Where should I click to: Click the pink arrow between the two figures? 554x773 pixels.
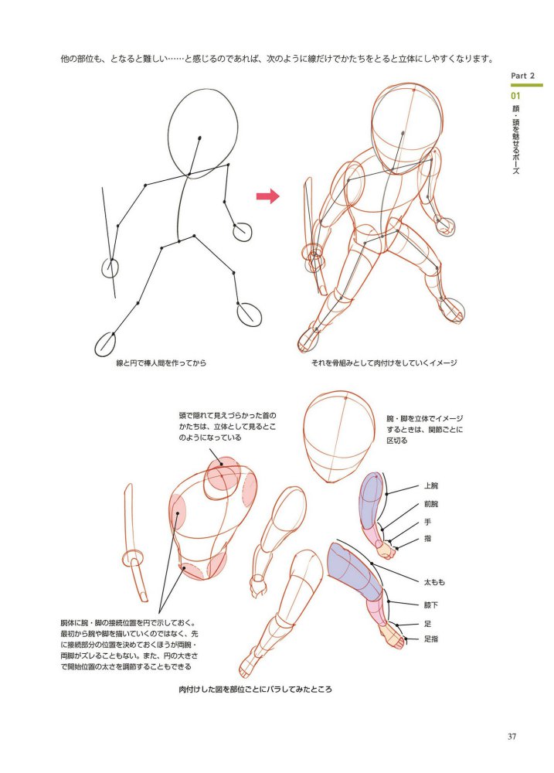coord(267,196)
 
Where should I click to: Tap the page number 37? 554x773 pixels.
coord(512,737)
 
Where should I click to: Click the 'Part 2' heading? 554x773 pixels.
coord(522,76)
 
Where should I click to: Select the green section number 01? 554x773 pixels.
coord(515,96)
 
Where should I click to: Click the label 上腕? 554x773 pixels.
coord(431,485)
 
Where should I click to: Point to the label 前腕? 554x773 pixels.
coord(431,504)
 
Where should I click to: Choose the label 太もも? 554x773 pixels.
coord(434,582)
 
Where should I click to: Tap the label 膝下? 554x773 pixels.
coord(431,605)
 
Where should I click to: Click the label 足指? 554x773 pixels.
coord(431,639)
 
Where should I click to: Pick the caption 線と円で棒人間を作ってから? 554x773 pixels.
coord(161,363)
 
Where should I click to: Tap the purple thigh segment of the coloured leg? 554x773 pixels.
coord(356,572)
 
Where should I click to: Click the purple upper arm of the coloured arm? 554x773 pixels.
coord(371,498)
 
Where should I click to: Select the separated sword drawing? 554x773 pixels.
coord(134,543)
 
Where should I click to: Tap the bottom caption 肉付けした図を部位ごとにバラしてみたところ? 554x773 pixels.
coord(255,690)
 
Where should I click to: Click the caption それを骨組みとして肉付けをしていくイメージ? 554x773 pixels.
coord(384,363)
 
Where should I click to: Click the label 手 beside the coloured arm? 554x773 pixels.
coord(427,522)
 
